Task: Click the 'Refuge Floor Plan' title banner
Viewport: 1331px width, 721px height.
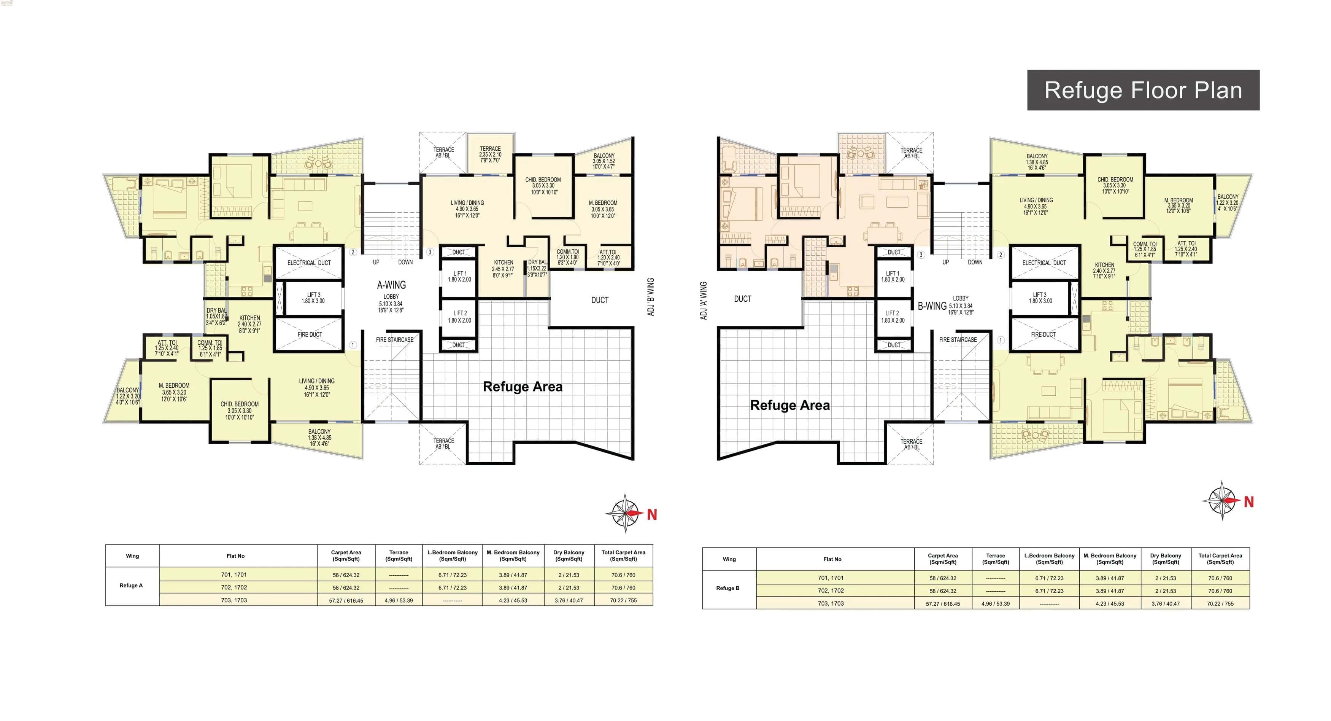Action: click(x=1143, y=91)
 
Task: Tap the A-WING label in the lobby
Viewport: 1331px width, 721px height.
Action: click(x=391, y=285)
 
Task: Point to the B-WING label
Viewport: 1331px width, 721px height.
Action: click(x=932, y=306)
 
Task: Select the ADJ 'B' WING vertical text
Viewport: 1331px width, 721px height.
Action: click(x=651, y=297)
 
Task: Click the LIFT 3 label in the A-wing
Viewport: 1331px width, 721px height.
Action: click(x=313, y=298)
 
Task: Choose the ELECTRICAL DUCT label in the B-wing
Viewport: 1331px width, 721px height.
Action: click(x=1044, y=263)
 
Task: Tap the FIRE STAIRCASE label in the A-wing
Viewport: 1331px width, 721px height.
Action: click(x=394, y=339)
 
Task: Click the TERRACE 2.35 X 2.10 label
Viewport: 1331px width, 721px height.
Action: click(x=490, y=154)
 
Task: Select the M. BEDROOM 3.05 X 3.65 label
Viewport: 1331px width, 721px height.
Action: click(x=603, y=209)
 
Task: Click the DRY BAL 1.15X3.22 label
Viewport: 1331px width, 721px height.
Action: click(x=537, y=268)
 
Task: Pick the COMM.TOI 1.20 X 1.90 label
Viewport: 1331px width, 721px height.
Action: click(x=567, y=257)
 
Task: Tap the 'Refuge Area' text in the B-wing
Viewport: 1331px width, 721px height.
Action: click(x=789, y=405)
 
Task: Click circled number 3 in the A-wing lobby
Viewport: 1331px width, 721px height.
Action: click(x=429, y=252)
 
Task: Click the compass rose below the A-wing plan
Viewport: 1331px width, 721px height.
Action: click(x=626, y=513)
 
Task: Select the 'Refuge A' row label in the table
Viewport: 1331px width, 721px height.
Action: click(x=131, y=586)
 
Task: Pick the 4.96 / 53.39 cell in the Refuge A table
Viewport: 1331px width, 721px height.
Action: click(x=399, y=600)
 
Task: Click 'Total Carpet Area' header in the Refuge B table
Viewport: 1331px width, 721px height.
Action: click(x=1220, y=559)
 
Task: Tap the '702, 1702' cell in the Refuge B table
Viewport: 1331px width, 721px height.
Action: click(x=830, y=591)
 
